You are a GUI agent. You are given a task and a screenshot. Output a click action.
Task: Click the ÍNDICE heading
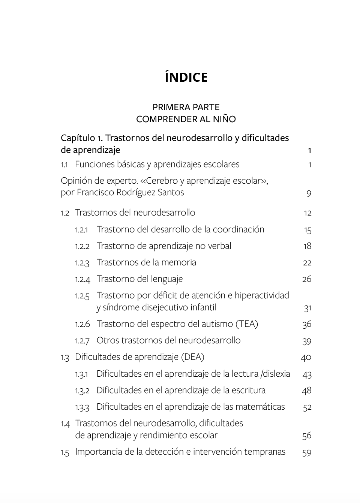(x=186, y=77)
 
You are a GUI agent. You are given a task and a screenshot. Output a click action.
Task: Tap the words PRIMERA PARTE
(x=186, y=107)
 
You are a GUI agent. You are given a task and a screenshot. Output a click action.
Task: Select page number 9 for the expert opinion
(x=309, y=193)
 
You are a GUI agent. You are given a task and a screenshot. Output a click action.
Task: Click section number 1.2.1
(x=81, y=230)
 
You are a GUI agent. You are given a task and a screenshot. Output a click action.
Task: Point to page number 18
(x=307, y=246)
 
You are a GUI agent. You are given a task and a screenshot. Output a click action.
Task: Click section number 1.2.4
(x=82, y=279)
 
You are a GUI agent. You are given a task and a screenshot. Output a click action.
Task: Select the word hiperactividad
(x=262, y=295)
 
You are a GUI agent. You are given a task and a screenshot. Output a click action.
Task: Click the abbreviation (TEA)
(x=246, y=324)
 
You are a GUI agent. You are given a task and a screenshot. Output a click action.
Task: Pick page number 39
(x=307, y=341)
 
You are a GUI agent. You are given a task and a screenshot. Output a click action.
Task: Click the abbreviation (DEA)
(x=192, y=357)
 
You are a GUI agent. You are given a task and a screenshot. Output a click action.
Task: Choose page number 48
(x=307, y=391)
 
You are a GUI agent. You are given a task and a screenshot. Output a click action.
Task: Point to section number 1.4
(x=65, y=424)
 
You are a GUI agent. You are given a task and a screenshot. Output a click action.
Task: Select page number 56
(x=307, y=436)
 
